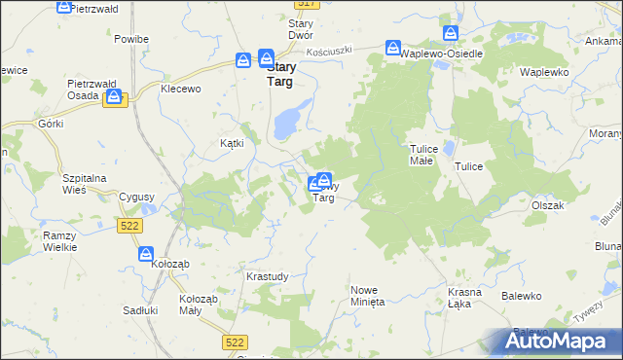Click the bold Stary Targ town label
[x=281, y=75]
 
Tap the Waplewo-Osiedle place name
[x=442, y=54]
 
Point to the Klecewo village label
[x=180, y=89]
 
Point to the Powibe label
[x=130, y=39]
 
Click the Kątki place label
[x=231, y=142]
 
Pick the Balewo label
[x=521, y=295]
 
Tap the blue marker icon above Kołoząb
[x=145, y=253]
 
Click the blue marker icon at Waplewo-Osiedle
[x=393, y=47]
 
